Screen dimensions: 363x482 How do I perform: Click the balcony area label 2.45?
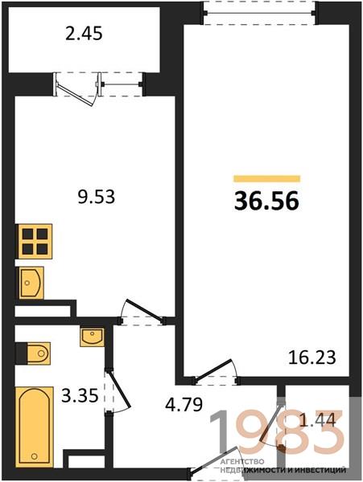pyautogui.click(x=84, y=34)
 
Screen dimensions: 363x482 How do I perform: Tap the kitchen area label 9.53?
pyautogui.click(x=97, y=197)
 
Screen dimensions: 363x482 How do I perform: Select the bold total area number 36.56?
pyautogui.click(x=266, y=201)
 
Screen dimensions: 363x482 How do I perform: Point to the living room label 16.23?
pyautogui.click(x=312, y=357)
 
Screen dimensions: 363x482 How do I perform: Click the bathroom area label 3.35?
pyautogui.click(x=80, y=395)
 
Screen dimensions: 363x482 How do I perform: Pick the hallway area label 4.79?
pyautogui.click(x=184, y=404)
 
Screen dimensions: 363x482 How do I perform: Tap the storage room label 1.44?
pyautogui.click(x=317, y=421)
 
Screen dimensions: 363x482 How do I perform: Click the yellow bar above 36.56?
pyautogui.click(x=267, y=178)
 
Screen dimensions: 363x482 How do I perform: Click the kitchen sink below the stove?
pyautogui.click(x=31, y=283)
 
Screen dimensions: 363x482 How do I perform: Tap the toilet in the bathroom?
pyautogui.click(x=33, y=353)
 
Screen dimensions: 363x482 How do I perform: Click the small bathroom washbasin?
pyautogui.click(x=92, y=337)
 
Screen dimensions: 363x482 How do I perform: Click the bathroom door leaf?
pyautogui.click(x=118, y=390)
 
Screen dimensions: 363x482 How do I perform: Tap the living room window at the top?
pyautogui.click(x=259, y=13)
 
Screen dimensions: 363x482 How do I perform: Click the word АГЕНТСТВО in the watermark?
pyautogui.click(x=242, y=461)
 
